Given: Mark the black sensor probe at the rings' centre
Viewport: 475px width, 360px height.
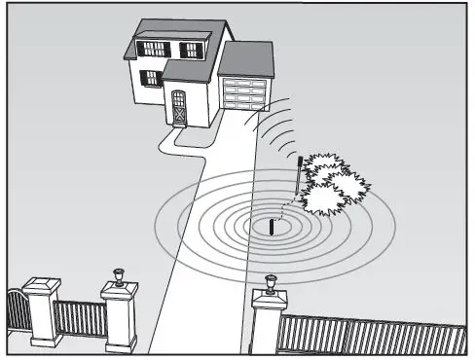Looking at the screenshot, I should (x=272, y=228).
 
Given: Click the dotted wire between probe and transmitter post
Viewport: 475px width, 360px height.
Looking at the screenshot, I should (x=284, y=208).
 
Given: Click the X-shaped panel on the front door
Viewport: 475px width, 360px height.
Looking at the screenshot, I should (x=178, y=114).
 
